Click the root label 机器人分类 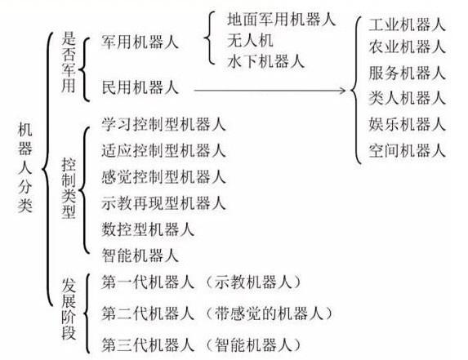pos(25,168)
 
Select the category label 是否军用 pos(69,62)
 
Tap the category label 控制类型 pos(69,189)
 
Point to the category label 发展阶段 pos(69,309)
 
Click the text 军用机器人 pos(140,42)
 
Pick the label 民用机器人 pos(140,87)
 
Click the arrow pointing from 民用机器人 pos(270,90)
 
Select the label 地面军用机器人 pos(282,19)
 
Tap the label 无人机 pos(250,40)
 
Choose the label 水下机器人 pos(265,61)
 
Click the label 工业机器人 pos(407,24)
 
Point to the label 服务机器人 pos(407,73)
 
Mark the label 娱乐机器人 pos(407,124)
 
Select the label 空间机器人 pos(407,150)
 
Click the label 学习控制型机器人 pos(163,124)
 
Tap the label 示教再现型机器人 pos(163,203)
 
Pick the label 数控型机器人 pos(148,229)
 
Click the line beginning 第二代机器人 pos(217,313)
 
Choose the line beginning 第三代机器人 pos(201,345)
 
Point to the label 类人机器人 pos(407,98)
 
